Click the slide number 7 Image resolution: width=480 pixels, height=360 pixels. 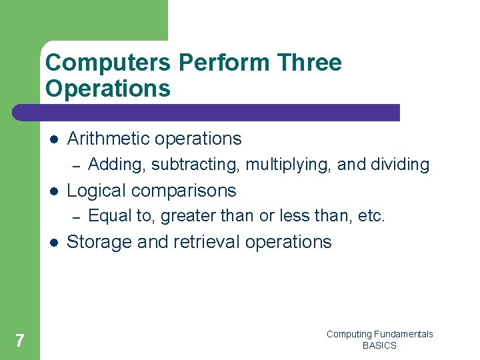[x=20, y=341]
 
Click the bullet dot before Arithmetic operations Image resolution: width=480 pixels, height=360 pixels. [x=54, y=139]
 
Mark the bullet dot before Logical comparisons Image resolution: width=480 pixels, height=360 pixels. [x=54, y=191]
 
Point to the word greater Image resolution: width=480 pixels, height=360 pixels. [x=184, y=216]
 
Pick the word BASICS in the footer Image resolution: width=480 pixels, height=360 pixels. [x=379, y=345]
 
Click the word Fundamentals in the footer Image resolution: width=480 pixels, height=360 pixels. [x=404, y=334]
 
